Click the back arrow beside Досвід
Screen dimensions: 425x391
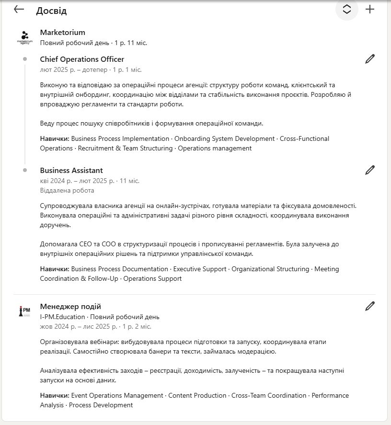(x=19, y=9)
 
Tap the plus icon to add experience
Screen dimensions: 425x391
(x=370, y=9)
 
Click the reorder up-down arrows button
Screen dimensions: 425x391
(x=347, y=10)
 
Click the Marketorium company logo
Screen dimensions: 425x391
(x=25, y=37)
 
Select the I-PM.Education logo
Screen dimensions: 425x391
(x=25, y=311)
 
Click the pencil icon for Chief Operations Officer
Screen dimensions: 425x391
(x=370, y=59)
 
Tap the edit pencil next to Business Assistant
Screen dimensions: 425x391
(x=370, y=170)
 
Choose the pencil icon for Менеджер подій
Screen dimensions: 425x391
(x=370, y=306)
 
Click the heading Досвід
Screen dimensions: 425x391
(x=51, y=11)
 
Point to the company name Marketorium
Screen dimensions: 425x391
(x=62, y=33)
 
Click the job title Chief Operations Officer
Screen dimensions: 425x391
(x=82, y=59)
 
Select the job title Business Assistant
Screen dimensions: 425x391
(x=71, y=171)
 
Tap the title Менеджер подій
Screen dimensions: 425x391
(x=70, y=307)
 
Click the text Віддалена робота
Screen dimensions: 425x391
(x=67, y=190)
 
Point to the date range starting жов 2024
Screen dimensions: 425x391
(x=95, y=326)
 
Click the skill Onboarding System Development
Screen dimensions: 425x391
(x=225, y=138)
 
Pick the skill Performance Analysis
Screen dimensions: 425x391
(x=330, y=395)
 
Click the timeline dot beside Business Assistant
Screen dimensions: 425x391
(x=25, y=170)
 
